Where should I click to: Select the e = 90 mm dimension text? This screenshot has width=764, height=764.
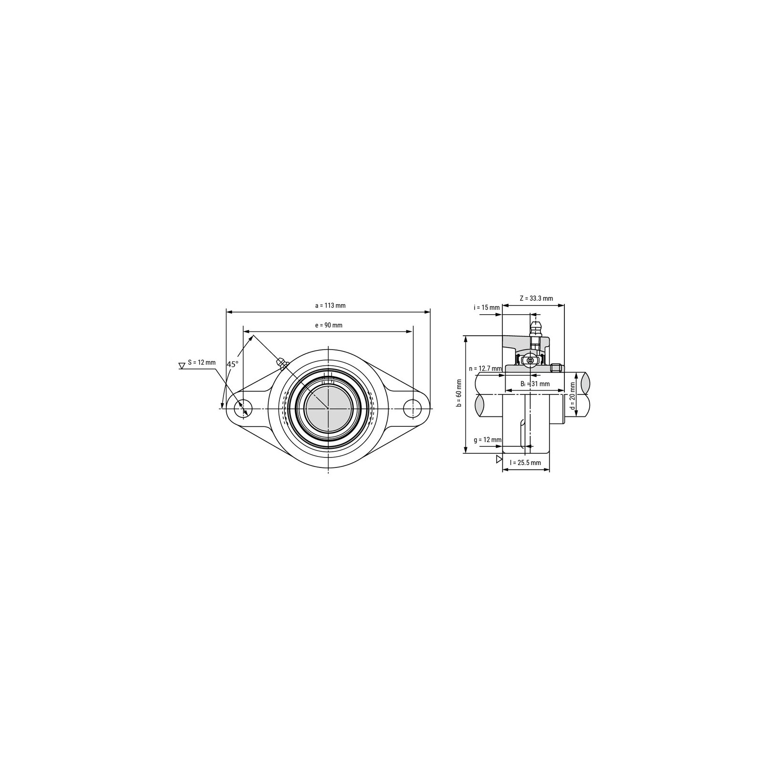[329, 325]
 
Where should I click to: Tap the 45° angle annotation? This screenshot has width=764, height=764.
[233, 364]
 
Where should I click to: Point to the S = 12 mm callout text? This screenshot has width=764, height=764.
[202, 362]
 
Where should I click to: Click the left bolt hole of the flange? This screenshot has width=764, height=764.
[244, 409]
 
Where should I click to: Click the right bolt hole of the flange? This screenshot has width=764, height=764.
[413, 409]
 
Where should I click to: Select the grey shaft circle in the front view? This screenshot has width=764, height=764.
[329, 408]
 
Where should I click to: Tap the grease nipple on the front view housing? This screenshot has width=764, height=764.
[282, 363]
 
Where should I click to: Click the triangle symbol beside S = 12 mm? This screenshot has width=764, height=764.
[181, 366]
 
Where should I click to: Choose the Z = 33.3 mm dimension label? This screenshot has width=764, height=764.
[536, 298]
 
